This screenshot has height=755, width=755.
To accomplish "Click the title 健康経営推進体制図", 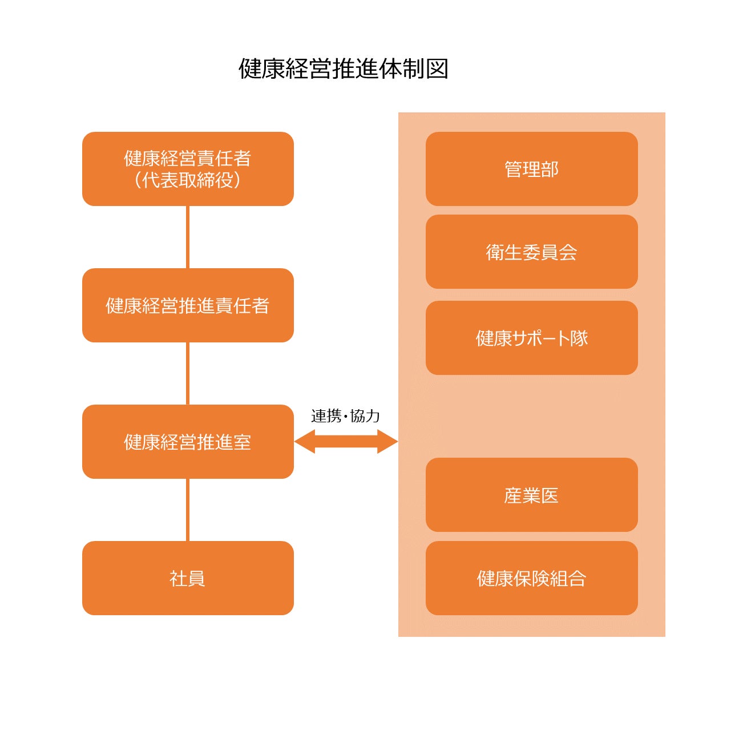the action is (343, 69).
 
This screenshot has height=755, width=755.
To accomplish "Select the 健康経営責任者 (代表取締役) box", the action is (188, 169).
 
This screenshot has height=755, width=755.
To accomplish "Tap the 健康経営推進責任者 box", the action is (188, 305).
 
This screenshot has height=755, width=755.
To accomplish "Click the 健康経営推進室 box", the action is (188, 442).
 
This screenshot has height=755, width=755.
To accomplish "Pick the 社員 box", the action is (188, 578).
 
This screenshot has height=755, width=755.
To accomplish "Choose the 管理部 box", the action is (532, 169).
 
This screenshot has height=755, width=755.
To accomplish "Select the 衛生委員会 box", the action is (532, 252).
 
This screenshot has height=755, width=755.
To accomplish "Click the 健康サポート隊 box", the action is (532, 338).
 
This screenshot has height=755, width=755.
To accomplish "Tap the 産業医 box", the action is (532, 495).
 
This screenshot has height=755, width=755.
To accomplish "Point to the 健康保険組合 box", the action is (532, 578).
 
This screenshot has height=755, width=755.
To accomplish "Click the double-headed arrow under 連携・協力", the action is (346, 441).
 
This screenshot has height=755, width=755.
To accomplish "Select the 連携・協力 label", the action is (345, 415).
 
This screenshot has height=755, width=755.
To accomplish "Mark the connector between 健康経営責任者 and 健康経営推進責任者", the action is (188, 237).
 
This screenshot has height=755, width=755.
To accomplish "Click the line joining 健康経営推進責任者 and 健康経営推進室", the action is (188, 373).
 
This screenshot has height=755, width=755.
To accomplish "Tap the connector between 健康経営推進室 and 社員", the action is (188, 510).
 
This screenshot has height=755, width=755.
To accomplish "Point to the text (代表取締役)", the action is (188, 180).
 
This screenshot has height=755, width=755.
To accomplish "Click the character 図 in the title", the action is (437, 69).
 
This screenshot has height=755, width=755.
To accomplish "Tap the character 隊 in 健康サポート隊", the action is (579, 338).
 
